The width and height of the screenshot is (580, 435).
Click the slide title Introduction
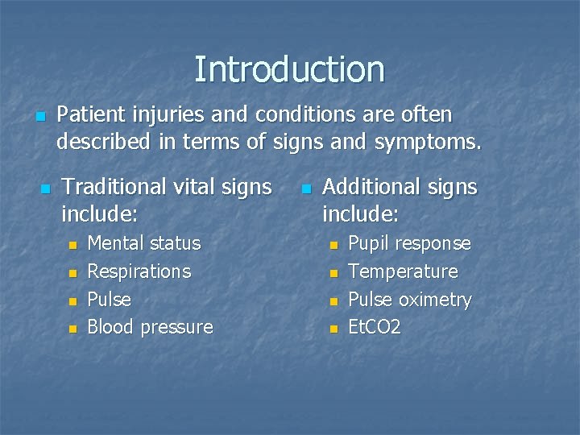click(289, 69)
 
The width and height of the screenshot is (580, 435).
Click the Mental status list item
click(143, 243)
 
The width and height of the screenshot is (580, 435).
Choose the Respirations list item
click(139, 271)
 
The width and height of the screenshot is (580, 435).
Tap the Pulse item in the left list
click(109, 300)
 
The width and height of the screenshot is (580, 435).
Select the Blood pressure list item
click(150, 327)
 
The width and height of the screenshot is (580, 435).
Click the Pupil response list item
click(409, 243)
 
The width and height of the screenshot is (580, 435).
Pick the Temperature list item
click(403, 271)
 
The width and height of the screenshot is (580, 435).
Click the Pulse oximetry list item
click(409, 300)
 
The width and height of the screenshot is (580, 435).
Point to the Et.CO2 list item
click(375, 327)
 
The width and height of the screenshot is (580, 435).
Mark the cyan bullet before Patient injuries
click(40, 117)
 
